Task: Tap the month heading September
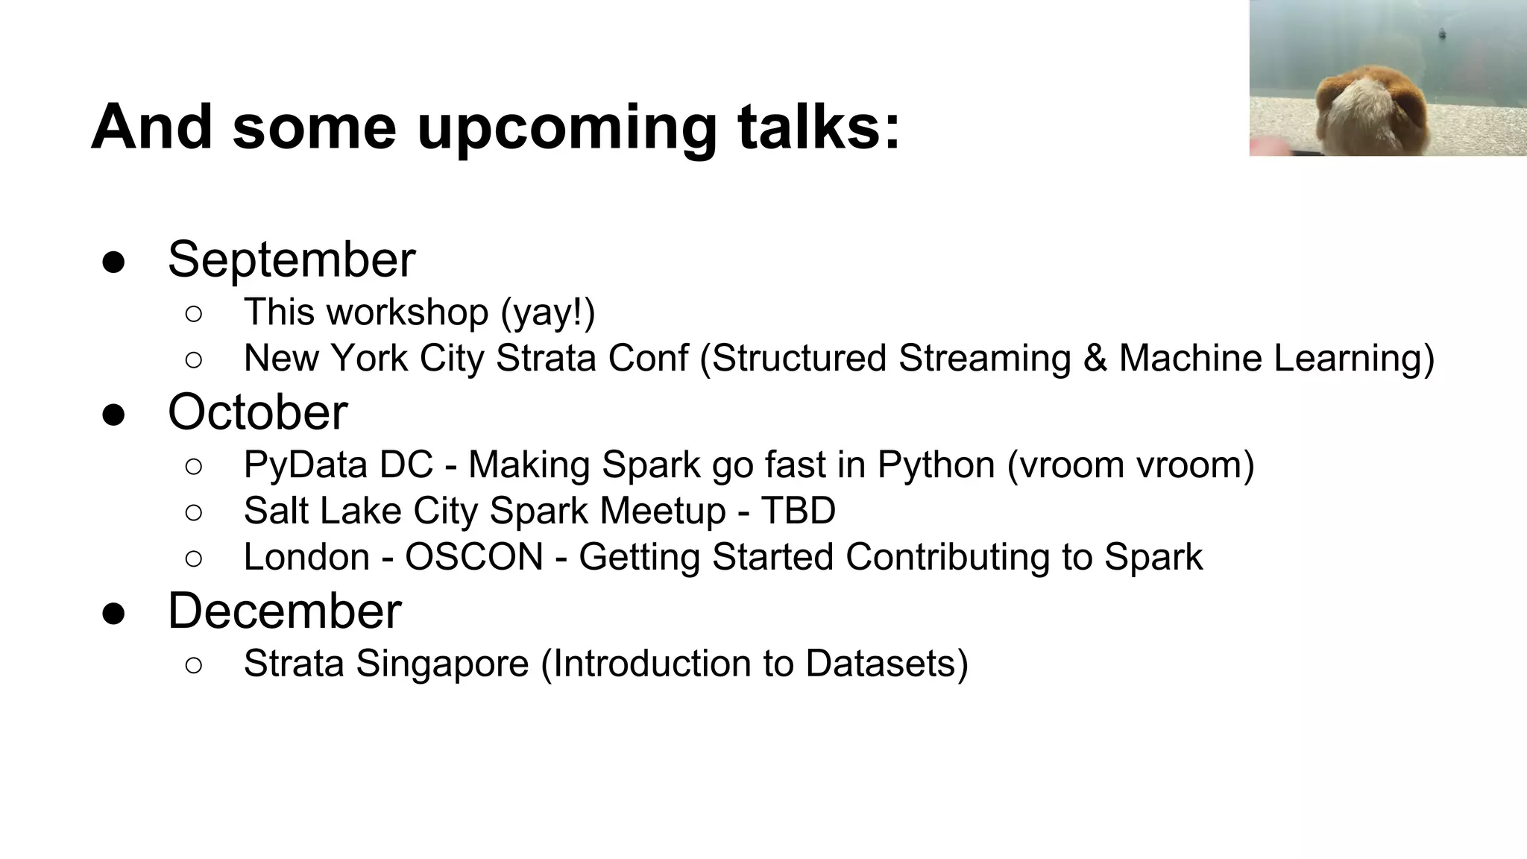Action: (292, 259)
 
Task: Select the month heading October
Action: (257, 412)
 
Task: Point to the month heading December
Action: (284, 611)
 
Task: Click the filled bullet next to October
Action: (113, 415)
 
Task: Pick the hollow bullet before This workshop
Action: (193, 314)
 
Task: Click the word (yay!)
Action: (548, 312)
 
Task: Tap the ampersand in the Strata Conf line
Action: (1095, 358)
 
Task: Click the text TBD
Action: (798, 512)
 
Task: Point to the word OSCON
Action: (473, 557)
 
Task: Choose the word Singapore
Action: (442, 664)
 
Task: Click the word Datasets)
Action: (887, 664)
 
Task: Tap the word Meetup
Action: (662, 512)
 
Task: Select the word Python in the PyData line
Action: (936, 465)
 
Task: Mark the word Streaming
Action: (984, 359)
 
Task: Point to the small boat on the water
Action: (1442, 34)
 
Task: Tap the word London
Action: (306, 557)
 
